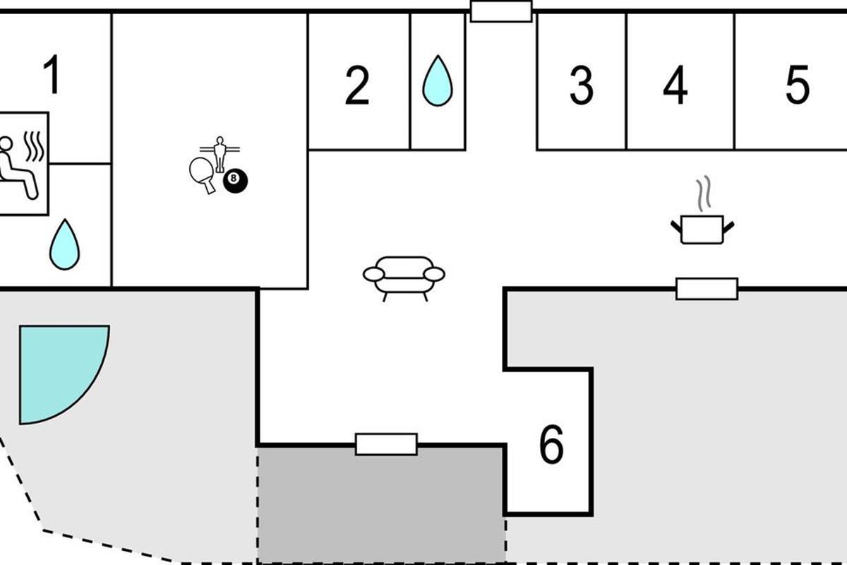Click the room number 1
[x=52, y=75]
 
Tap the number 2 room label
[x=357, y=85]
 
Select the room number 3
[x=582, y=85]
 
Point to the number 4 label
[x=675, y=85]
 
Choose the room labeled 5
[x=798, y=85]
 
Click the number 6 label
[x=551, y=444]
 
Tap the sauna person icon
[x=17, y=167]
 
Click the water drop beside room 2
[x=438, y=81]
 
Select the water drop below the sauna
[x=65, y=244]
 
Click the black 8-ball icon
[x=235, y=181]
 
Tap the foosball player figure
[x=220, y=154]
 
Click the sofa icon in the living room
[x=404, y=278]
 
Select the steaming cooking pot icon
[x=702, y=230]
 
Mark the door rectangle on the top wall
[x=501, y=11]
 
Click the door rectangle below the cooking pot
[x=707, y=289]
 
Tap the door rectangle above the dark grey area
[x=387, y=444]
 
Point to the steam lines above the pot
[x=704, y=194]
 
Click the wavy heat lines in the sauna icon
[x=34, y=146]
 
